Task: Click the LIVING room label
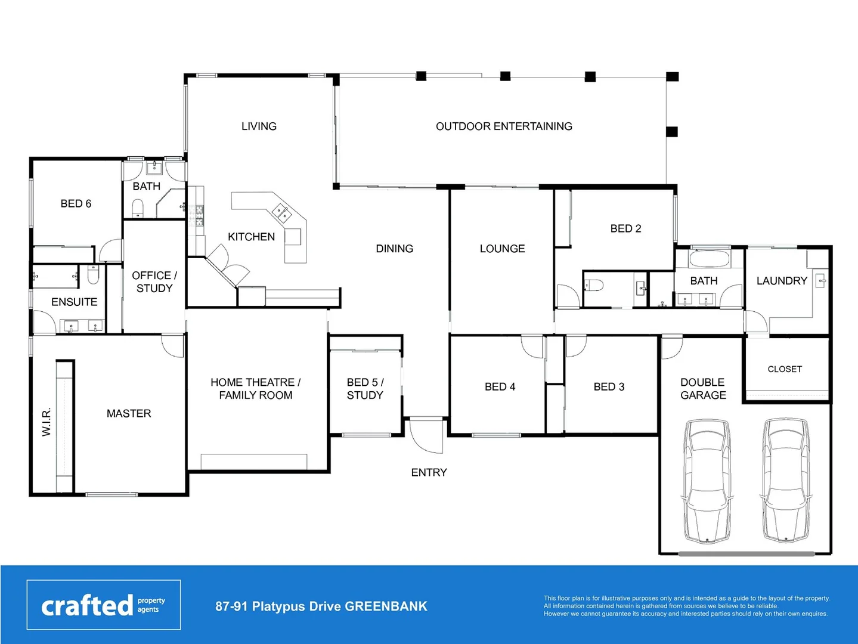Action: coord(259,126)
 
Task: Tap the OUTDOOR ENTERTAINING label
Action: coord(504,126)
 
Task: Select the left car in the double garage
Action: coord(707,481)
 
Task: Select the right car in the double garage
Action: coord(786,481)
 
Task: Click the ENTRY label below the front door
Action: coord(429,472)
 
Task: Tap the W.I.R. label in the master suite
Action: coord(47,422)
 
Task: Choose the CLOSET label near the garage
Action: coord(785,369)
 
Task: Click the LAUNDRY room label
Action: coord(781,281)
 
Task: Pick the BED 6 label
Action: coord(76,204)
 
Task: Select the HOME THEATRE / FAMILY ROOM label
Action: coord(255,389)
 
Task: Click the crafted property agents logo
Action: coord(103,605)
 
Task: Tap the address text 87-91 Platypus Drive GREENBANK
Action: coord(321,606)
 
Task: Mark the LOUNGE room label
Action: coord(502,249)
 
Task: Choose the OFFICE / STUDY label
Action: coord(154,281)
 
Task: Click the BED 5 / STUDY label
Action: coord(365,389)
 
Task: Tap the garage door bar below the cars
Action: coord(746,554)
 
